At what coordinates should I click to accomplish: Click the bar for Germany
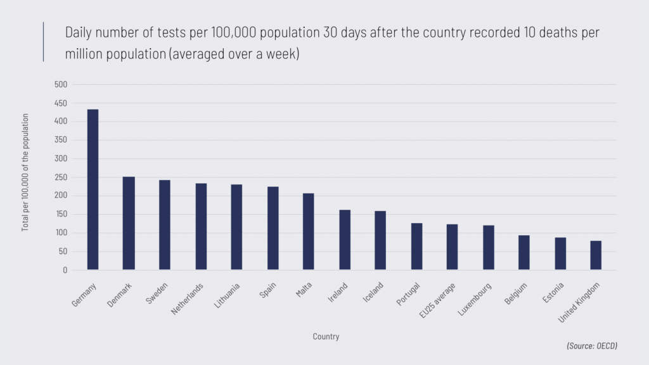click(93, 189)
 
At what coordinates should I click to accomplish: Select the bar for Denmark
click(129, 223)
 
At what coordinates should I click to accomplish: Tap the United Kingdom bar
click(596, 255)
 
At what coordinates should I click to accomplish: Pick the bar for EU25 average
click(452, 247)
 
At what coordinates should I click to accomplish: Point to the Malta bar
click(308, 231)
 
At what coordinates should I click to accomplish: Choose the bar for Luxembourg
click(488, 248)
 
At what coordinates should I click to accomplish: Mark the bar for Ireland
click(344, 240)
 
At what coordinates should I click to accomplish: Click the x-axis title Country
click(326, 337)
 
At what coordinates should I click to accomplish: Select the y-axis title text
click(26, 172)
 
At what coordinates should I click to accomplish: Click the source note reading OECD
click(592, 346)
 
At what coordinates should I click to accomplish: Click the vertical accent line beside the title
click(44, 42)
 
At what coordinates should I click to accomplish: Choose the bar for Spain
click(273, 228)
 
